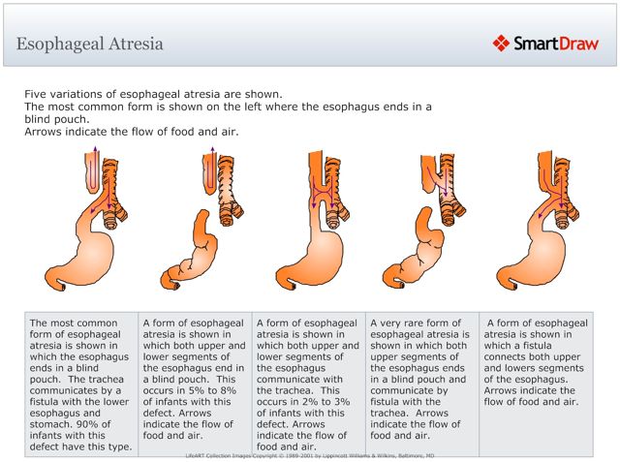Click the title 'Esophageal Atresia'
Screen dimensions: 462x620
tap(90, 44)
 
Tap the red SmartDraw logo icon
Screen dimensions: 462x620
tap(501, 43)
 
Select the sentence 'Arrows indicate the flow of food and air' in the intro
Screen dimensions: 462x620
tap(131, 132)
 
